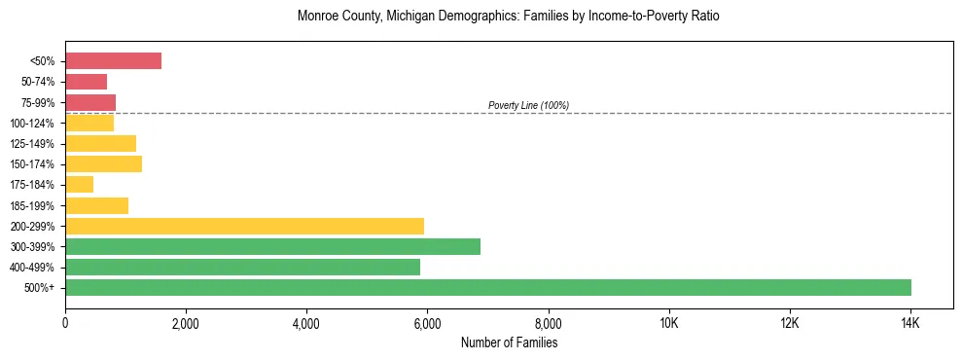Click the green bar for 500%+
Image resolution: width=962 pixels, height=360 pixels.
(488, 287)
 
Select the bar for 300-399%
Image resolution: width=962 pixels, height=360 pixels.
(272, 246)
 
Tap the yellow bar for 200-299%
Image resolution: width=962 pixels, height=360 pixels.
(244, 226)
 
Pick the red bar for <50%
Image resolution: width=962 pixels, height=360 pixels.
(113, 61)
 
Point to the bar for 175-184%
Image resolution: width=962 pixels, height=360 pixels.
(79, 184)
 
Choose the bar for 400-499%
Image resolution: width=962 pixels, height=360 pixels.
(242, 267)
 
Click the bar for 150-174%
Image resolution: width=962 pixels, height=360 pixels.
(103, 163)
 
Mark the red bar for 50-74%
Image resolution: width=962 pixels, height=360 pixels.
(86, 82)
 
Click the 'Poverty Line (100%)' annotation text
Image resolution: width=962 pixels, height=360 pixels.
(528, 105)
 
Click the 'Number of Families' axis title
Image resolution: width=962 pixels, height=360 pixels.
(509, 342)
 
